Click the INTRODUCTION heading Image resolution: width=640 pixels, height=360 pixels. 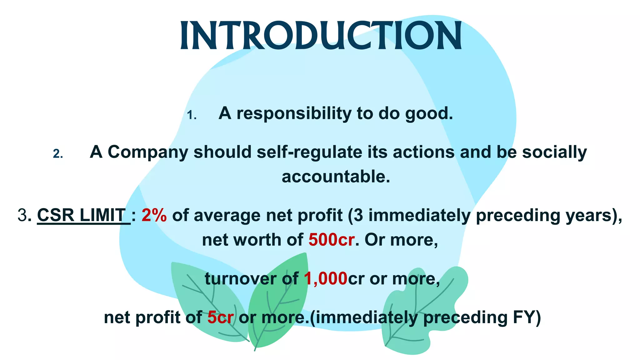[x=321, y=36]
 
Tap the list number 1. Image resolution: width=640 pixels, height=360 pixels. [x=192, y=116]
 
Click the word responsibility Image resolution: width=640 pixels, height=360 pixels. [x=294, y=114]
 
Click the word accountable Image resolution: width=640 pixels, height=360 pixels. [x=336, y=177]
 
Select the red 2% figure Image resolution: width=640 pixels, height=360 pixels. [x=154, y=215]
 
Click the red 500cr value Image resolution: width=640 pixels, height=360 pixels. [x=331, y=240]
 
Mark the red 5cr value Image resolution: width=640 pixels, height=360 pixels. [x=220, y=317]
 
